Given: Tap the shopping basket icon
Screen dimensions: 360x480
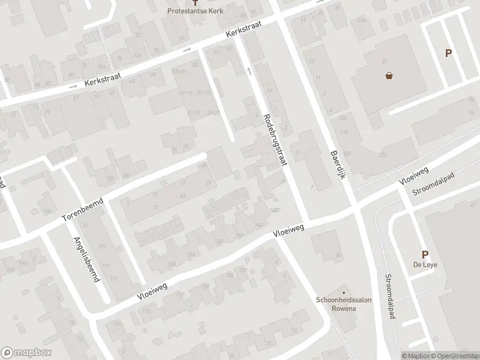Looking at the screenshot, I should point(389,76).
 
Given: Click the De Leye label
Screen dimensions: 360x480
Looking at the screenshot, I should point(424,266).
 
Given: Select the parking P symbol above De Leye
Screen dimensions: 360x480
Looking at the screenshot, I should point(425,255).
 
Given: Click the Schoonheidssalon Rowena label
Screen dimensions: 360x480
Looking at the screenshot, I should point(341,304).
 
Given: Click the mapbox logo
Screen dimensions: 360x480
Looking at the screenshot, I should point(25,352).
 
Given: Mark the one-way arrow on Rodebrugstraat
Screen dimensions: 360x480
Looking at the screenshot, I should point(250,71).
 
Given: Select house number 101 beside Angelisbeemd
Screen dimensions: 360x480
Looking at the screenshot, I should point(102,247).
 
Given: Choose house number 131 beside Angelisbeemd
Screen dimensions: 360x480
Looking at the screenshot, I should point(114,279).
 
